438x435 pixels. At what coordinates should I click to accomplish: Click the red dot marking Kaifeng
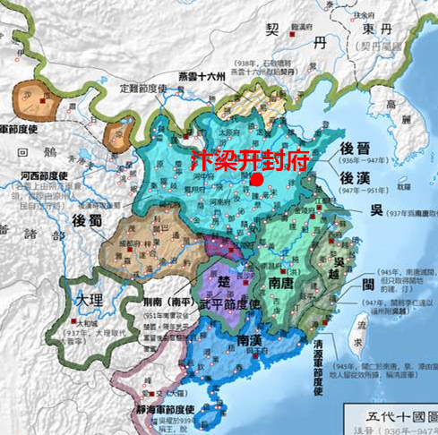coord(256,179)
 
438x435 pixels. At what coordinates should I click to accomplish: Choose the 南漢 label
coord(231,342)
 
